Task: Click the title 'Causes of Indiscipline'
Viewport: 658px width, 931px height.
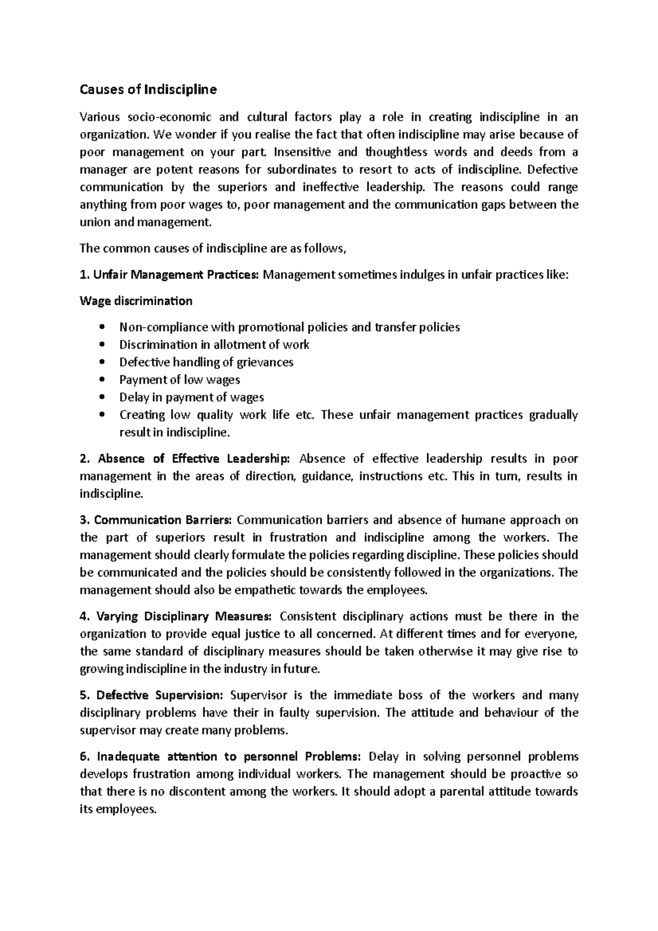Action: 148,90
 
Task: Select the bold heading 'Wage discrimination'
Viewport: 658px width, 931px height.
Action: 136,301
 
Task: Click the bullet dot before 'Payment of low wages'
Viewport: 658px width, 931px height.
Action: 103,380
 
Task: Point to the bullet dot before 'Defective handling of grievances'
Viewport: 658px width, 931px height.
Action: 103,362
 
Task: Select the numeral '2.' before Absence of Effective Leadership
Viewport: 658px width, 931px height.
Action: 84,458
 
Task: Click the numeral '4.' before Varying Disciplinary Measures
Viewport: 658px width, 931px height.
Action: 84,616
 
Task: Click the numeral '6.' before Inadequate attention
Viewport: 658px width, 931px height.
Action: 84,757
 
